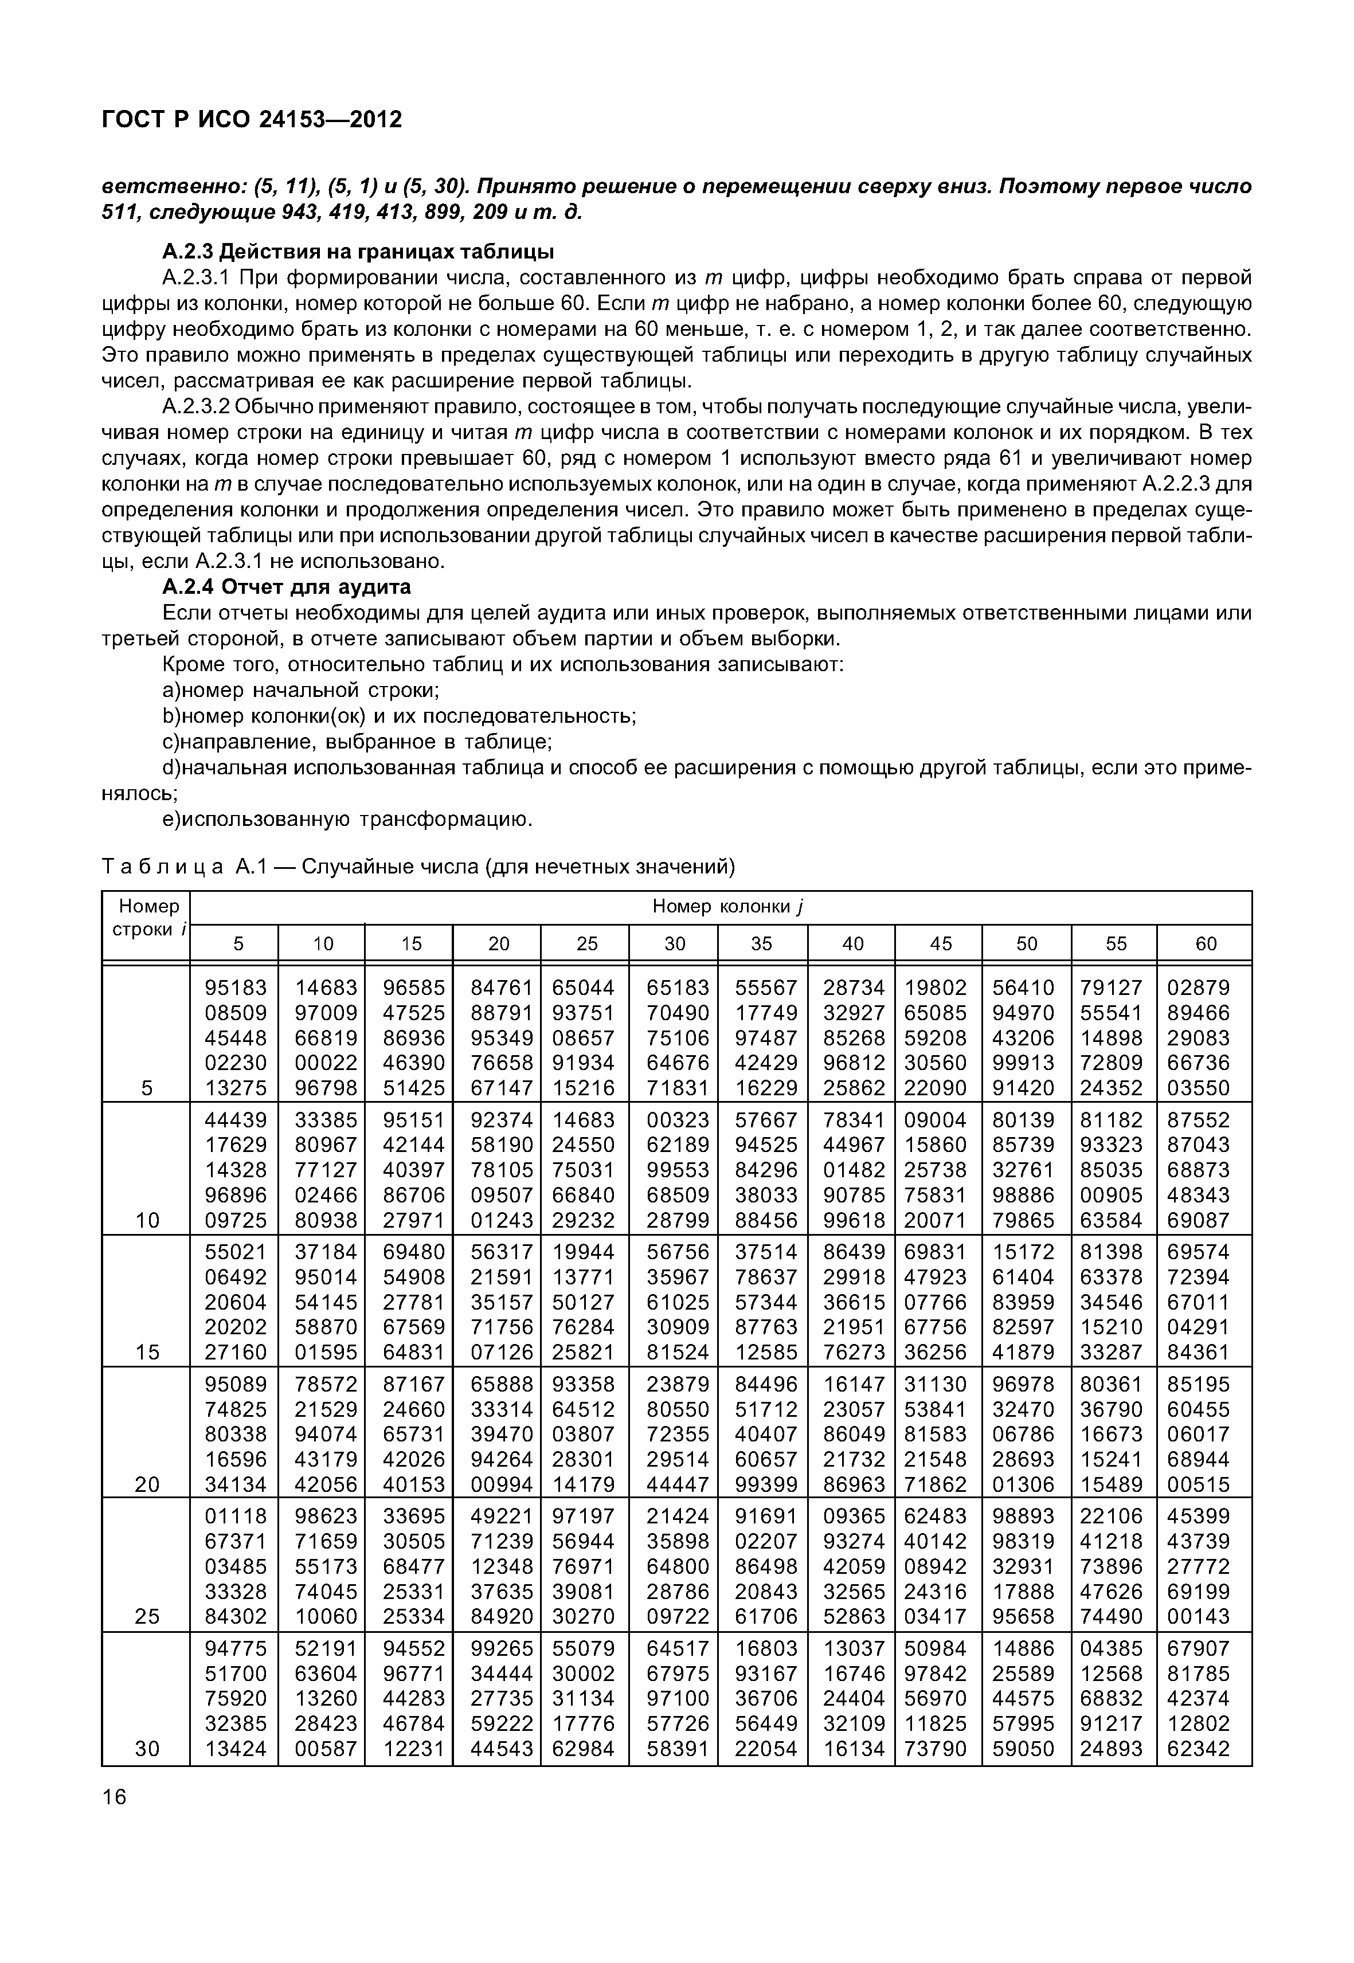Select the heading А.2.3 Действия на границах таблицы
358,252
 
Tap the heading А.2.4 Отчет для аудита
287,587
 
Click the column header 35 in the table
762,943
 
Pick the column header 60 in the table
1206,943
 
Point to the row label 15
147,1352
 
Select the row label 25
147,1617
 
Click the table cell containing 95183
236,988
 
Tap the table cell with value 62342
1198,1749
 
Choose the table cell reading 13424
236,1749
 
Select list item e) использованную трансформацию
348,820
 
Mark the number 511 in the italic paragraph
120,211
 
